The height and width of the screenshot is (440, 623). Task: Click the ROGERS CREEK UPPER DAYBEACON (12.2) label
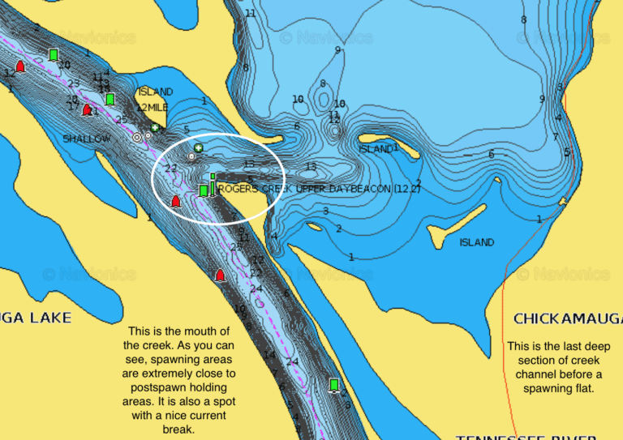pos(320,189)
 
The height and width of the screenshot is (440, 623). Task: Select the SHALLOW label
pos(86,139)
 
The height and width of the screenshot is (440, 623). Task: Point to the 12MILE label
pos(152,107)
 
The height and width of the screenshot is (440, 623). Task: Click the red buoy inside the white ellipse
pos(175,201)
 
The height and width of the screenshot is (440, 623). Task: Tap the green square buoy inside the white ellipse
pos(204,190)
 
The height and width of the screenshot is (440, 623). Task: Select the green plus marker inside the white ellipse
pos(198,148)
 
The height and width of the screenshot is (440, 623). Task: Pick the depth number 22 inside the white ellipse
pos(170,169)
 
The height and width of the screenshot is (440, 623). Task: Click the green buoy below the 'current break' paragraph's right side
pos(333,384)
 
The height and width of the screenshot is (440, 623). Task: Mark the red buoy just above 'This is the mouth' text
pos(219,276)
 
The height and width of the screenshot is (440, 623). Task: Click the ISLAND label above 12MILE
pos(155,92)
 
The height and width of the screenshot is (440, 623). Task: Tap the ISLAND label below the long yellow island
pos(476,242)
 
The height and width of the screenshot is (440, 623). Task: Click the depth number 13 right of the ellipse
pos(311,167)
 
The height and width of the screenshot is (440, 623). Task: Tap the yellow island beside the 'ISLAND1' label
pos(406,151)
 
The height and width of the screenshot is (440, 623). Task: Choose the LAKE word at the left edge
pos(49,318)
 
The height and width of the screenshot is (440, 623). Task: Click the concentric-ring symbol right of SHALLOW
pos(137,138)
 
